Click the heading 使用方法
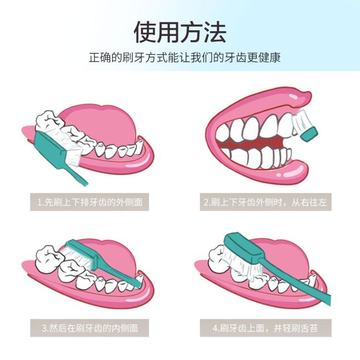pos(180,32)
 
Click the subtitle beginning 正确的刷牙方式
pos(185,58)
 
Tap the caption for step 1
pos(90,202)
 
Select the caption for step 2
pos(265,202)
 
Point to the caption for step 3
pos(90,328)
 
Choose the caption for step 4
pos(265,328)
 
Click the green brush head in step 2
pos(309,134)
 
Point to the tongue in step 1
pos(101,124)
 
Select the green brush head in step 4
pos(243,249)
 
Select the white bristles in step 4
pos(241,264)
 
